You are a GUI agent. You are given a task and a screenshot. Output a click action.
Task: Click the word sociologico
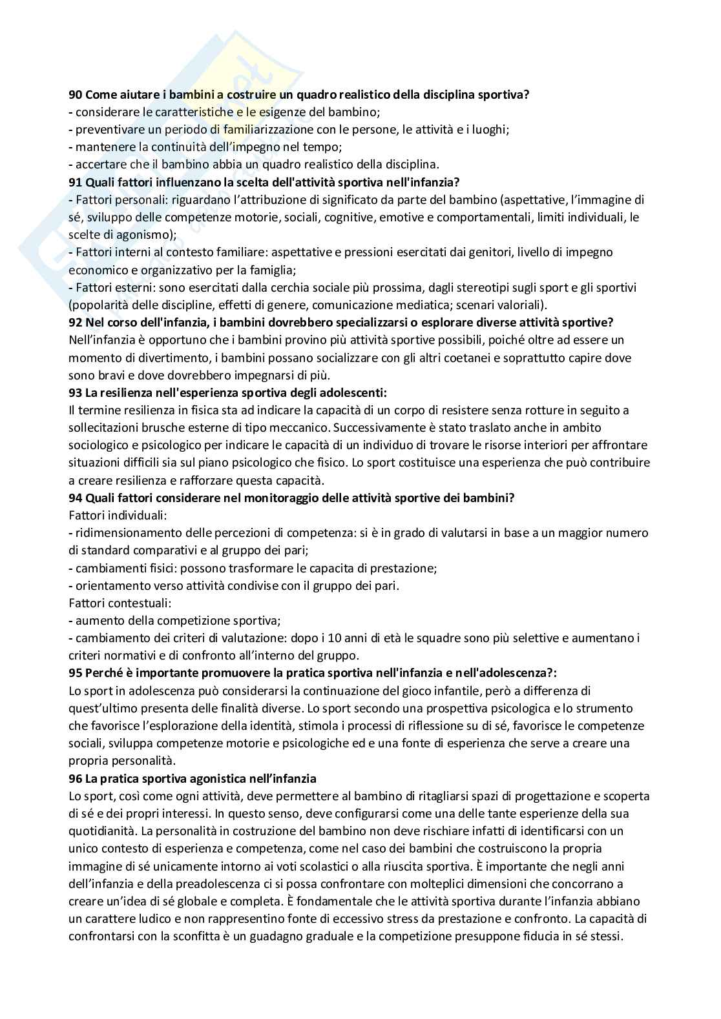[98, 445]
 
